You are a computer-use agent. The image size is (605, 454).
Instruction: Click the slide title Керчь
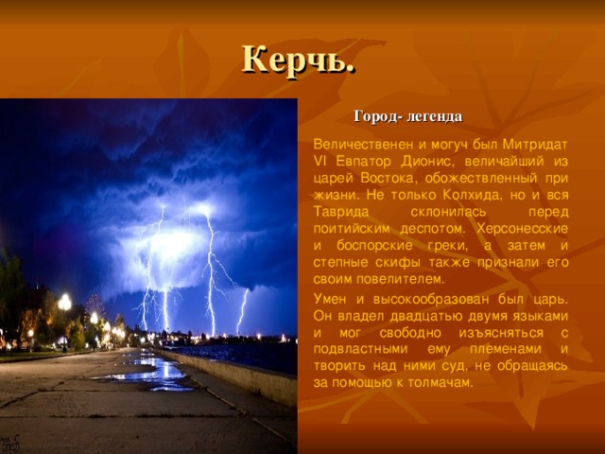tap(299, 61)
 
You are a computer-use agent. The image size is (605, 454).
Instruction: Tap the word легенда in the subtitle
tap(435, 116)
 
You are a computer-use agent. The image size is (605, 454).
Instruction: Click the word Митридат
tap(535, 145)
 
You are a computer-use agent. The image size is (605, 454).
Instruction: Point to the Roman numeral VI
tap(320, 162)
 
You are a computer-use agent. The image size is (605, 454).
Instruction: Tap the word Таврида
tap(341, 212)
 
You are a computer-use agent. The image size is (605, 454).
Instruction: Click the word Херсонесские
tap(523, 229)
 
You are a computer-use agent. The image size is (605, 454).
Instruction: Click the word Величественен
tap(364, 145)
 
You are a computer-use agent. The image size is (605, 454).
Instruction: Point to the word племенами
tap(506, 349)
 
